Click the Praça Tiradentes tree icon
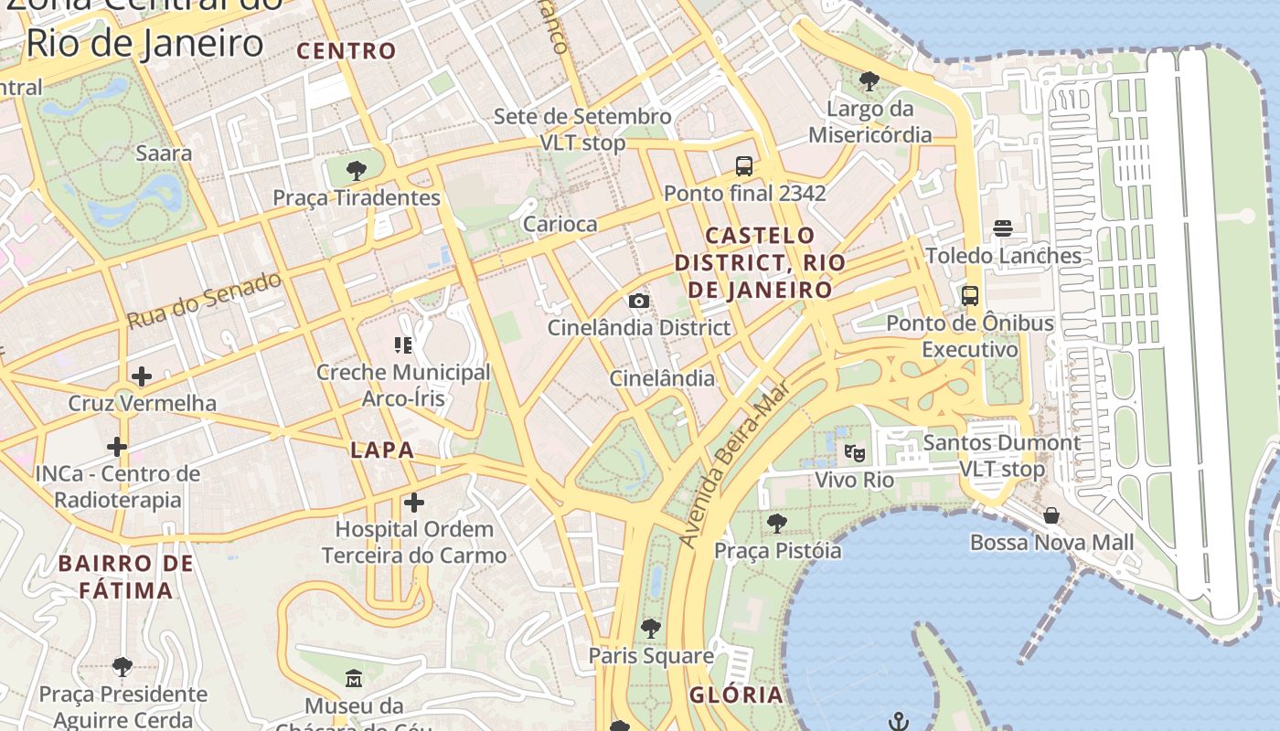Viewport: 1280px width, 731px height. [x=357, y=170]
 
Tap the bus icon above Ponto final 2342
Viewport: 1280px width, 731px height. [x=744, y=166]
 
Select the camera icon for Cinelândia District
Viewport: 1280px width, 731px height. [x=639, y=301]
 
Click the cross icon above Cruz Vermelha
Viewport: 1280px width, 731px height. [x=142, y=376]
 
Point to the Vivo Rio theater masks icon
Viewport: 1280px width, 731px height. [x=855, y=452]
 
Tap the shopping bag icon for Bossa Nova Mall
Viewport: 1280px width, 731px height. [x=1051, y=515]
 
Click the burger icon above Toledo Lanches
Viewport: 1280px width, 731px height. [x=1003, y=228]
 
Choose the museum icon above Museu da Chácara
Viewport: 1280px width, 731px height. [x=354, y=678]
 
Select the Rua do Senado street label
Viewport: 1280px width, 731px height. [x=204, y=300]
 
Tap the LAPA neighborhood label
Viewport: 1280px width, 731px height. [x=382, y=450]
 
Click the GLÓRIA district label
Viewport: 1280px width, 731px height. [x=736, y=694]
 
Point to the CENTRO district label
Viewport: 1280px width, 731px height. [x=347, y=50]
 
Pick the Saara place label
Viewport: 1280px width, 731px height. [x=164, y=153]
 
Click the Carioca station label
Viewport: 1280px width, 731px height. [x=560, y=224]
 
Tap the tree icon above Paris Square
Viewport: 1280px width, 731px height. [x=651, y=629]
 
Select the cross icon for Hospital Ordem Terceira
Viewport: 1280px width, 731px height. [x=414, y=502]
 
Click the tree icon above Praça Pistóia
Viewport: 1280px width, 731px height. [x=776, y=524]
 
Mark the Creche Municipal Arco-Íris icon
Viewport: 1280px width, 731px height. [x=403, y=345]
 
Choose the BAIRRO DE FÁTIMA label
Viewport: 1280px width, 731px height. [x=126, y=577]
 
